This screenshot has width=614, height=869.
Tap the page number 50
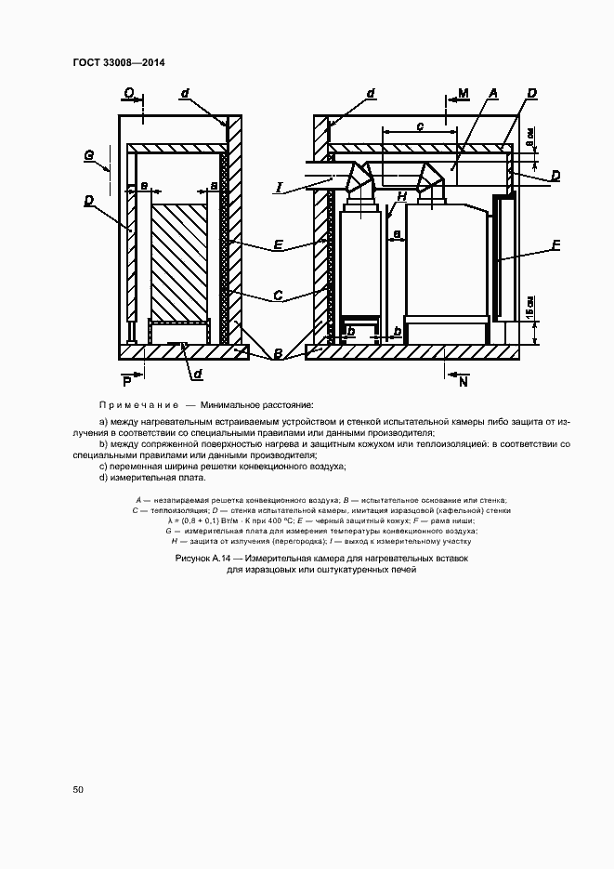(78, 789)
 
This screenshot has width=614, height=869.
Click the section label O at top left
(128, 93)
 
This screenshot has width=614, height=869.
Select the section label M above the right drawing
(464, 93)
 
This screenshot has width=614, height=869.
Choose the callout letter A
(493, 93)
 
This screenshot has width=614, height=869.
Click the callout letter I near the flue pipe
(278, 189)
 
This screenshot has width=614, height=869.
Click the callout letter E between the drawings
(278, 245)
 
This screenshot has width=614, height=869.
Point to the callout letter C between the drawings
(278, 296)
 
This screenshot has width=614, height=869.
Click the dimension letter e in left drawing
(144, 186)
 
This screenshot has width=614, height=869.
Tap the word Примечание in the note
(138, 405)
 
